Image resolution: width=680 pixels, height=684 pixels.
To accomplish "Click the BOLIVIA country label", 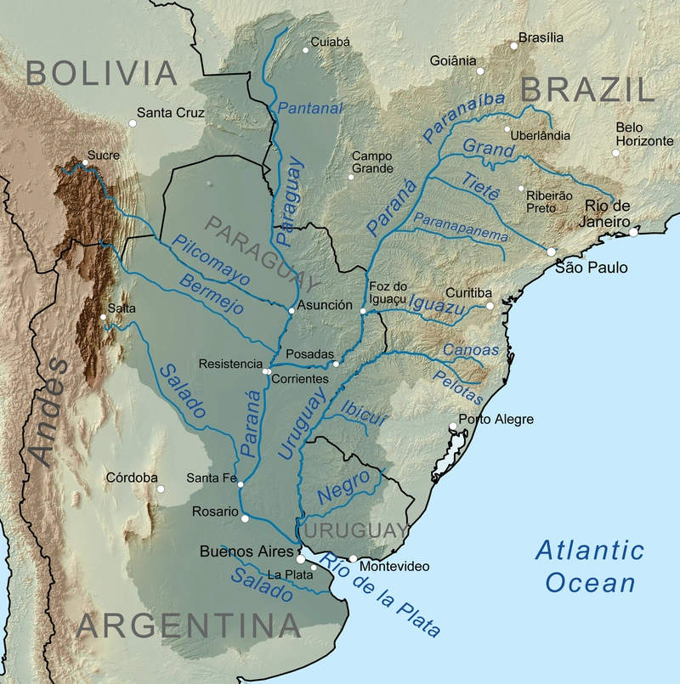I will [x=102, y=72].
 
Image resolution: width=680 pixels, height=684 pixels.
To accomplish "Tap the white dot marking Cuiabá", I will [x=306, y=50].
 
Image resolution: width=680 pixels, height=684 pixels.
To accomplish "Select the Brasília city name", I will [x=541, y=37].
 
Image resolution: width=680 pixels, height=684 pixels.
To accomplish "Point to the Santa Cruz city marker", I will [x=133, y=124].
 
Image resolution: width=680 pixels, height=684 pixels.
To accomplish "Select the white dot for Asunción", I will [x=292, y=311].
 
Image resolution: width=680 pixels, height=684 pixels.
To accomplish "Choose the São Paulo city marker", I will [x=552, y=252].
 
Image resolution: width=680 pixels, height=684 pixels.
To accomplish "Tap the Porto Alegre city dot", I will [x=452, y=427].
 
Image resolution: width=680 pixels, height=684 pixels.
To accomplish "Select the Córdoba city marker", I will [x=159, y=489].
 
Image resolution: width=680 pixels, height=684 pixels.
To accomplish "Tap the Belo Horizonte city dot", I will [x=616, y=153].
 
